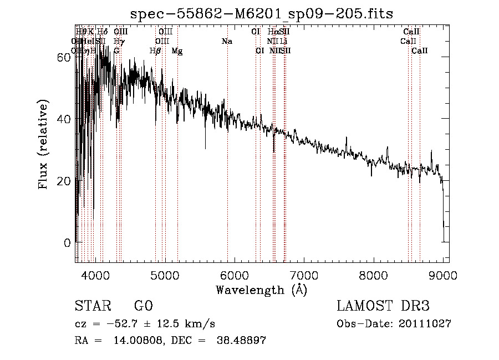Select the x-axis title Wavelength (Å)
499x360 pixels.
pos(261,290)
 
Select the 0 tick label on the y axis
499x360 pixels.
pos(67,243)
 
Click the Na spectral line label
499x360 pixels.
pos(227,42)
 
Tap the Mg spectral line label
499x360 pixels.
pos(177,51)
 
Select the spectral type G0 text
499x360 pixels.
pos(143,306)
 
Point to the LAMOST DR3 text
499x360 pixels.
pos(383,306)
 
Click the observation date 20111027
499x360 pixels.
pos(425,324)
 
